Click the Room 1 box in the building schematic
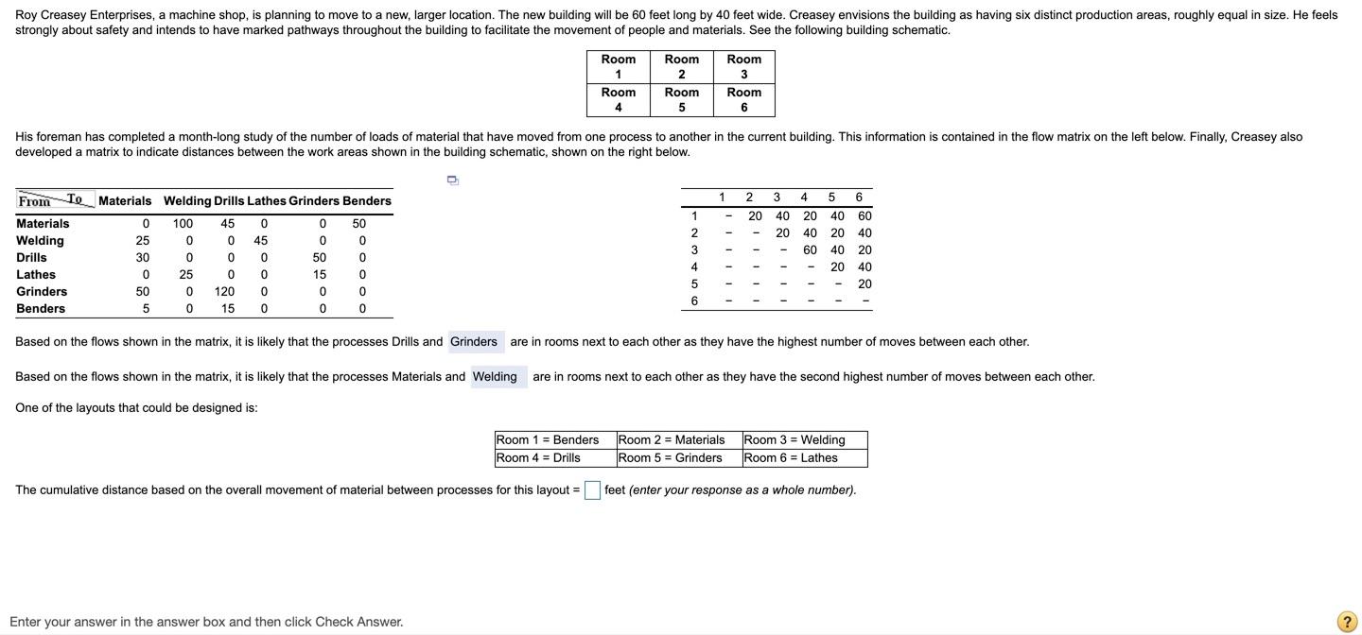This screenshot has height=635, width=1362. (x=618, y=67)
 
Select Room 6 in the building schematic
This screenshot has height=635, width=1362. (x=743, y=100)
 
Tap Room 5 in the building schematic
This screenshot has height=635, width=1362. (x=681, y=100)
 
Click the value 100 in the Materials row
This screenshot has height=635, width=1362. (x=183, y=224)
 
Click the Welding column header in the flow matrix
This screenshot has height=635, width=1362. (x=187, y=201)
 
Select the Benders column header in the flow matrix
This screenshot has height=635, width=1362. (x=367, y=201)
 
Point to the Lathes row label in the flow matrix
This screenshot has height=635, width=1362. (x=36, y=275)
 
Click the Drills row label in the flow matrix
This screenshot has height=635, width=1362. (x=31, y=258)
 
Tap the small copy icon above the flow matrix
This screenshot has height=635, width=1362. (x=452, y=180)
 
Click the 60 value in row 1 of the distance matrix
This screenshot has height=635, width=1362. (x=864, y=216)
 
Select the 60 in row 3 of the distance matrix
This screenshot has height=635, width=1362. (x=810, y=250)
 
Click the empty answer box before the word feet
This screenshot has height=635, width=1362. (x=592, y=490)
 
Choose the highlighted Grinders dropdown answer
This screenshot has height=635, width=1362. (x=474, y=342)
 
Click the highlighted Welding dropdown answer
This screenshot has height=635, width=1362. (x=496, y=377)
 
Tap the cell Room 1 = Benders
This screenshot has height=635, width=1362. (x=554, y=440)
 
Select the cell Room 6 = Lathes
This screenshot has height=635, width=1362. (x=804, y=458)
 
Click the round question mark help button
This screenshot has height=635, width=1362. (x=1346, y=621)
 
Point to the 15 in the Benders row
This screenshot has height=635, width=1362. (x=228, y=309)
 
